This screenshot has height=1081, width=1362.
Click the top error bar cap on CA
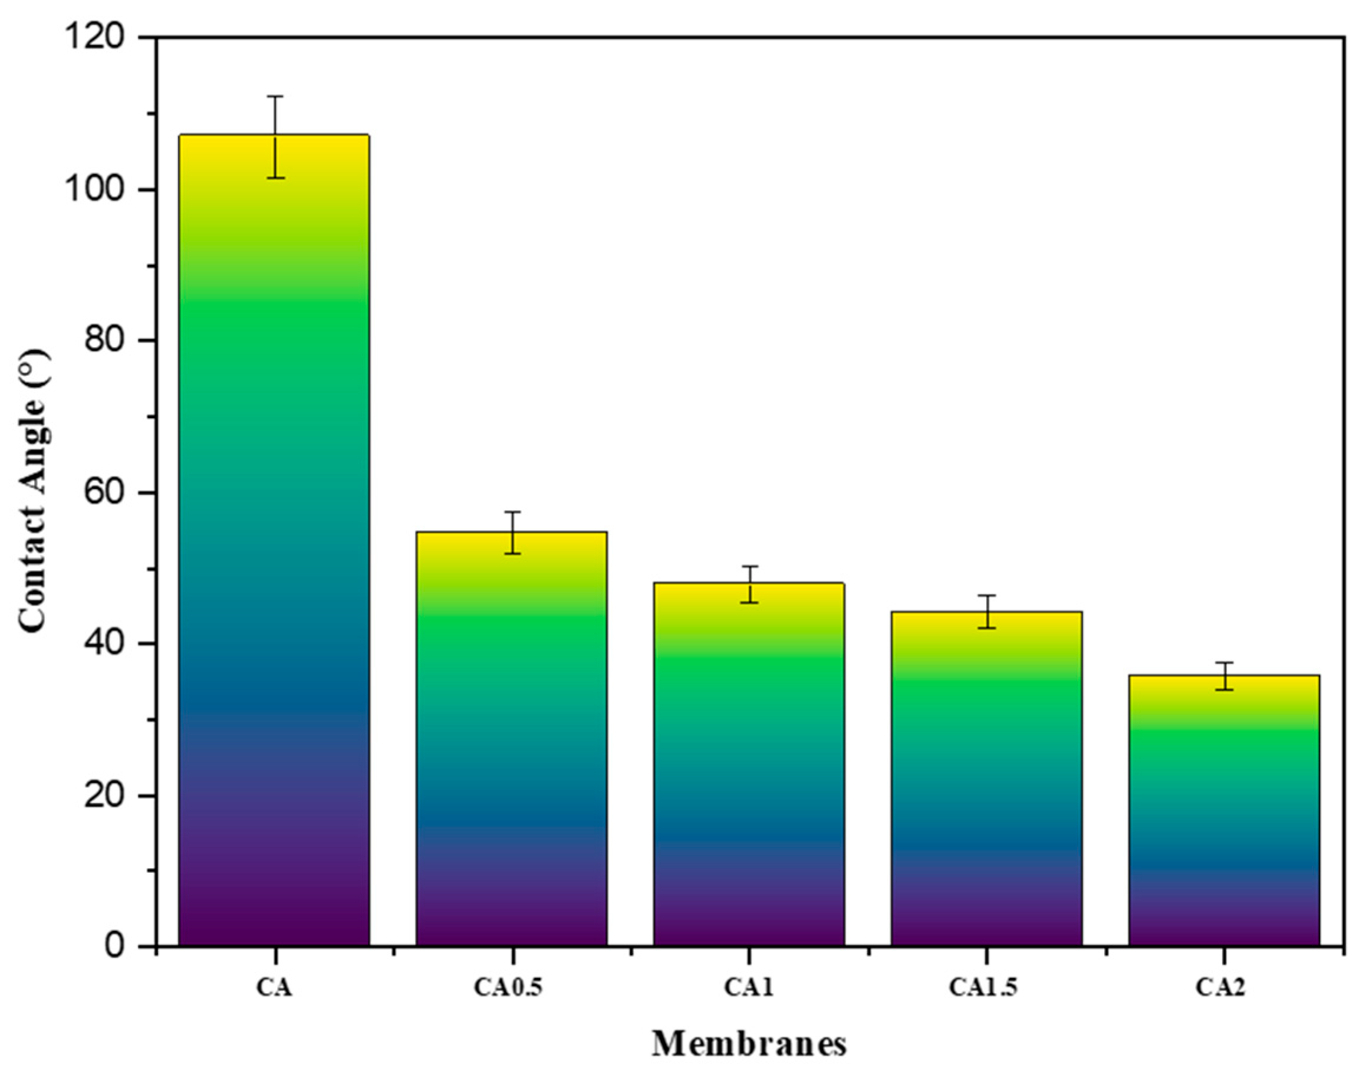pos(275,97)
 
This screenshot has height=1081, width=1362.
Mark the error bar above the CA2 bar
pos(1225,676)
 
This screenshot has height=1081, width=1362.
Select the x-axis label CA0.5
pos(508,987)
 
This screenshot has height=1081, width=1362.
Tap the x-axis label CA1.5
pos(983,987)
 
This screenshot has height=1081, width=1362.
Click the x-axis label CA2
pos(1220,987)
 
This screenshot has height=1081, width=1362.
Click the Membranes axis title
pos(749,1044)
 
